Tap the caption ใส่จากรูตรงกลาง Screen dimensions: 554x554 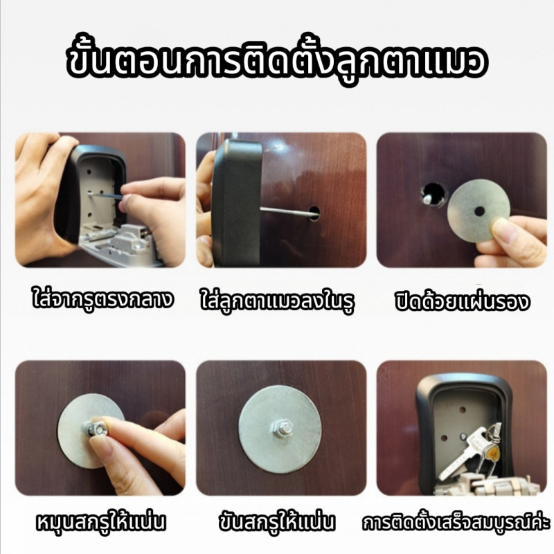coord(102,300)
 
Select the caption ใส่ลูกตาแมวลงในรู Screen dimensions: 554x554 coord(278,302)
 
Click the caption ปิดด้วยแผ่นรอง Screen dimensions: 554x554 coord(462,301)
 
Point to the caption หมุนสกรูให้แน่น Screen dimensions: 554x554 coord(101,522)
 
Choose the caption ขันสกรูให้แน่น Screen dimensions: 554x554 coord(276,522)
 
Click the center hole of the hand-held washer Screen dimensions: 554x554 coord(479,212)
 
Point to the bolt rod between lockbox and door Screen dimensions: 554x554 coord(286,211)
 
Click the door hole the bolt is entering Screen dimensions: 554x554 coord(314,213)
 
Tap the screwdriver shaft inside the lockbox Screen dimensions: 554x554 coord(105,195)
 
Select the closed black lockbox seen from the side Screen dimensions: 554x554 coord(237,203)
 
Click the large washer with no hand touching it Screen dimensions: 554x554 coord(280,429)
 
